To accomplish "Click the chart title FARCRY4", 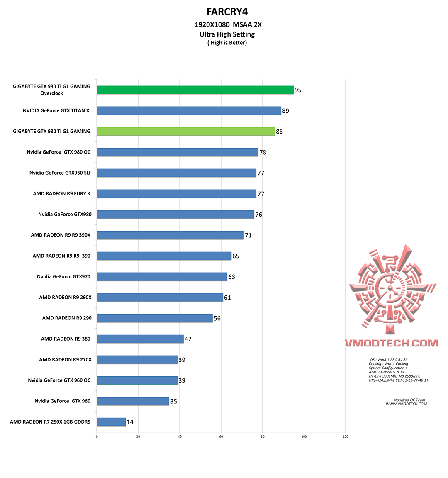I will point(227,12).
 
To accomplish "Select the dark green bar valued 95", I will point(195,90).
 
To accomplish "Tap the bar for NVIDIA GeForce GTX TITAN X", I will point(189,111).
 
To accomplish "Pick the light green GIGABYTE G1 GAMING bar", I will point(185,132).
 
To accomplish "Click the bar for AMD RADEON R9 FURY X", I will point(176,194).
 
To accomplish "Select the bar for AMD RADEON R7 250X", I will point(111,422).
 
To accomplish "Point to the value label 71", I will point(248,235).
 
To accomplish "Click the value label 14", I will point(130,422).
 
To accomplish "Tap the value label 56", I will point(217,318).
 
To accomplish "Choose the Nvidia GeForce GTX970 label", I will point(63,277).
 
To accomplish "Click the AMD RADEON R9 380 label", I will point(66,339).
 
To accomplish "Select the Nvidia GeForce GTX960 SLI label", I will point(60,173).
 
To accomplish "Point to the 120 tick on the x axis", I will point(346,437).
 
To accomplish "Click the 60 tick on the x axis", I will point(221,437).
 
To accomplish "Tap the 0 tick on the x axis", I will point(97,437).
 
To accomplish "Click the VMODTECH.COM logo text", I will point(391,343).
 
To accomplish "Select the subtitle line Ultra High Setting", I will point(227,34).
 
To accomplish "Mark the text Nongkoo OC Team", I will point(409,400).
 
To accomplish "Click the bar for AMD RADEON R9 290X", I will point(160,298).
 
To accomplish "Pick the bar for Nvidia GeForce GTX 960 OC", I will point(137,380).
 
